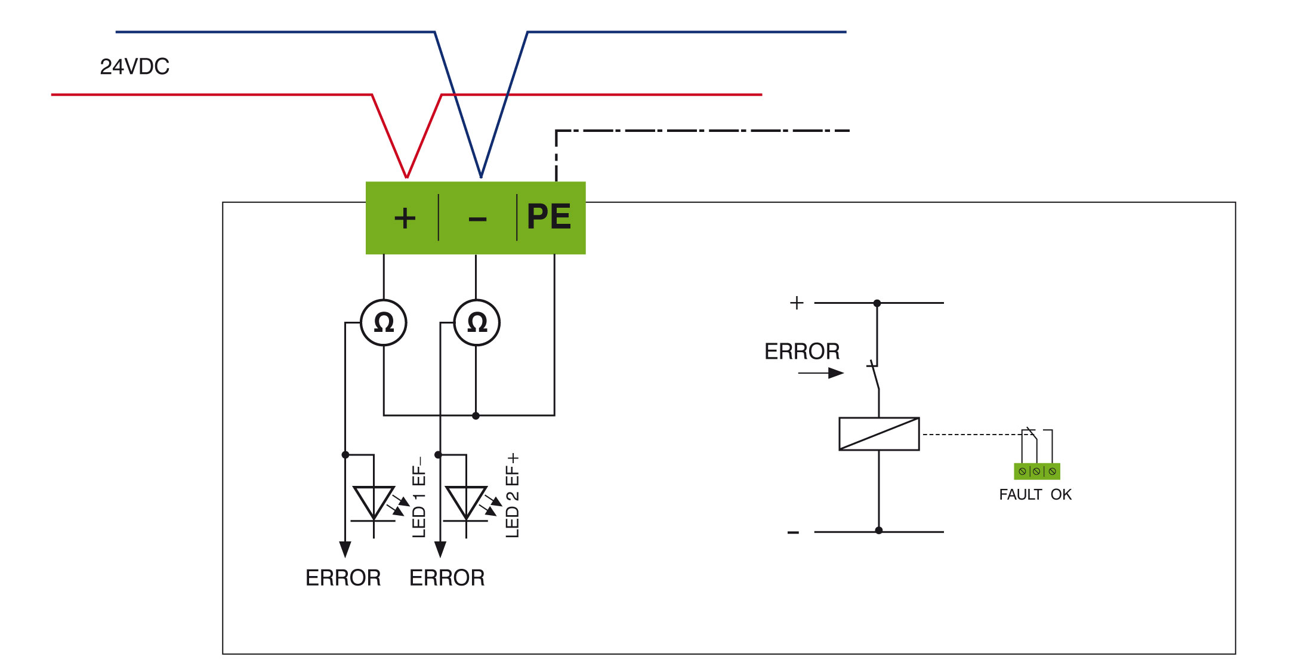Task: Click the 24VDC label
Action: (134, 67)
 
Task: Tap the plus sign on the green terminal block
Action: (405, 218)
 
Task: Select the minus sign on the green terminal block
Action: (477, 219)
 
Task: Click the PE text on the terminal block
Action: (549, 216)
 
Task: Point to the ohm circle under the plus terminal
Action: (384, 322)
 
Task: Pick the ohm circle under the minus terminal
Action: (477, 322)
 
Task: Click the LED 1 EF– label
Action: (419, 497)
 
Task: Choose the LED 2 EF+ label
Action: (513, 496)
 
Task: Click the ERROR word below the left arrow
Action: (343, 578)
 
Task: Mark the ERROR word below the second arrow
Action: (447, 578)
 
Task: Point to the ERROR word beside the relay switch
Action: (802, 352)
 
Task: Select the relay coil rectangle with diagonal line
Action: (879, 433)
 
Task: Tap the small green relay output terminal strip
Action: (1037, 472)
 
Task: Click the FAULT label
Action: (1020, 495)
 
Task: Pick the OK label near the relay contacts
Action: (1061, 495)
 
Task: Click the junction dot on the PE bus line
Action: (476, 415)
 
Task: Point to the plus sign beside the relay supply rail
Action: (797, 303)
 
